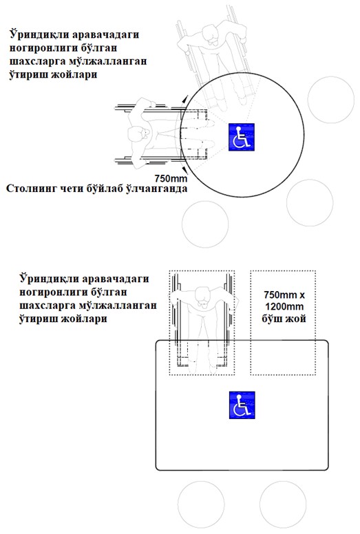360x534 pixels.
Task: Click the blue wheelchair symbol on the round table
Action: tap(242, 137)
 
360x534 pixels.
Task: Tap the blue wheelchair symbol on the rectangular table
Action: tap(242, 405)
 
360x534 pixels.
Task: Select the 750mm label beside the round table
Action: tap(171, 178)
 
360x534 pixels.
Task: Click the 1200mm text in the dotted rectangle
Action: tap(284, 306)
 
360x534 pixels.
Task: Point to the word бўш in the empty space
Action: tap(273, 319)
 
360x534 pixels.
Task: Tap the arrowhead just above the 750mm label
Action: tap(184, 169)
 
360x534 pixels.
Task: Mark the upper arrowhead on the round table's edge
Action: tap(184, 99)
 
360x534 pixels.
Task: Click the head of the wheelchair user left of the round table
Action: tap(139, 133)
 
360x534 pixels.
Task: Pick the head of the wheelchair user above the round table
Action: tap(213, 34)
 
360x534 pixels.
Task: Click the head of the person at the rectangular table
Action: tap(202, 297)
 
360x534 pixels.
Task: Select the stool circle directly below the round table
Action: tap(205, 224)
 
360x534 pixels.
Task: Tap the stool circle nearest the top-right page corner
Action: tap(331, 100)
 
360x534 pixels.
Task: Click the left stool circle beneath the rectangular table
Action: tap(201, 504)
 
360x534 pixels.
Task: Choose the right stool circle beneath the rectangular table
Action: tap(283, 504)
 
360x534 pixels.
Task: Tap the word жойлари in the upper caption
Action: tap(74, 75)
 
